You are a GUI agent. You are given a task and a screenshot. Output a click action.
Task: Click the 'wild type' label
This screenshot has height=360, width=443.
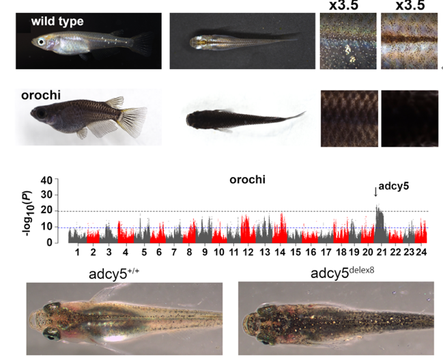(57, 21)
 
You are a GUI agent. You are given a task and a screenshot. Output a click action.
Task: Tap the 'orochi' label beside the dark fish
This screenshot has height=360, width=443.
(41, 96)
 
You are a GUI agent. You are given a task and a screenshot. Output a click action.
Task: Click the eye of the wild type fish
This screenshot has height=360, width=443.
(42, 42)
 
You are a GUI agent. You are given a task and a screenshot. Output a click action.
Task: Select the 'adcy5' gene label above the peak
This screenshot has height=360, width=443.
(394, 186)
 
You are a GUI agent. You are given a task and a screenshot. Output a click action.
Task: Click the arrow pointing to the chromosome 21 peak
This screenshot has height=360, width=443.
(375, 192)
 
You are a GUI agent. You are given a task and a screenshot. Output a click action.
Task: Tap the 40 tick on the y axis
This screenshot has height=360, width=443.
(46, 180)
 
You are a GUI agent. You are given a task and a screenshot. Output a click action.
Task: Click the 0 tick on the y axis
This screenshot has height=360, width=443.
(50, 243)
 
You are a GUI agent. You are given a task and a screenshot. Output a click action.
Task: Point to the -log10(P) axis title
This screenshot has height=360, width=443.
(28, 214)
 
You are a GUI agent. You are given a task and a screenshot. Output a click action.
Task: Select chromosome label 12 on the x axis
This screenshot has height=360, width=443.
(248, 251)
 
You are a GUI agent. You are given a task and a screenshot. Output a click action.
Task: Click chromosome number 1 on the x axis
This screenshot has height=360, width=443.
(77, 251)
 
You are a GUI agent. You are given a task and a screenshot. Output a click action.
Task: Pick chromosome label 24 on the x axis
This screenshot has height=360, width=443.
(421, 251)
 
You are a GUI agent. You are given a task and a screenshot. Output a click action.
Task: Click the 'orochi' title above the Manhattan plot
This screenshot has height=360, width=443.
(248, 180)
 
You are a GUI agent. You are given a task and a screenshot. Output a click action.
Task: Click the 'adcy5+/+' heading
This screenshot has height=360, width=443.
(114, 273)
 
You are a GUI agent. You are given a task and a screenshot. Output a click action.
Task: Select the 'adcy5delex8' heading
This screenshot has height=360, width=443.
(343, 273)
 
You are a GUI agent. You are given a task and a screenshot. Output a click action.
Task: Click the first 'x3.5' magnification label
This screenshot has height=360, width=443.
(343, 5)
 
